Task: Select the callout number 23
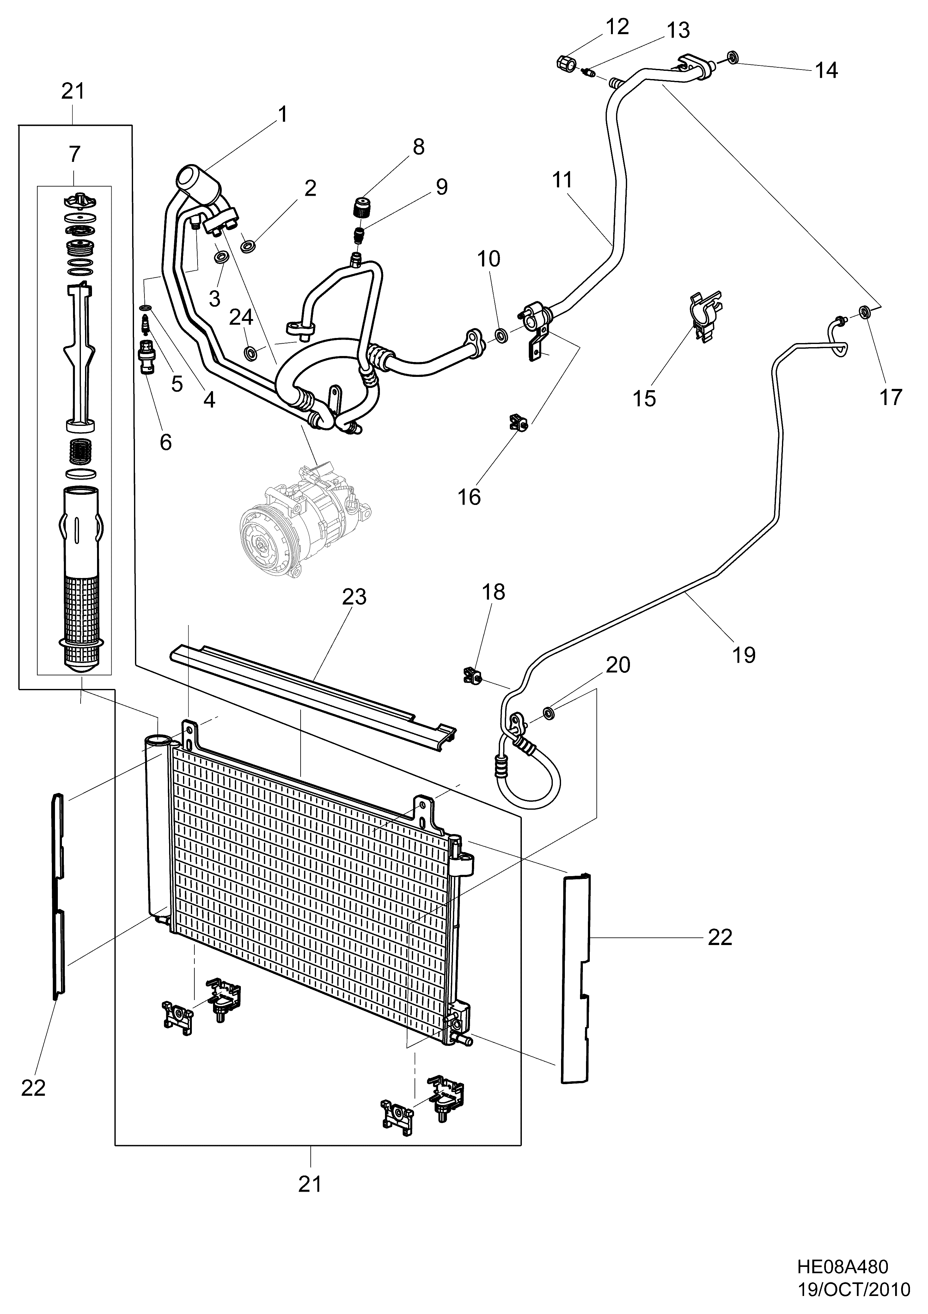(354, 597)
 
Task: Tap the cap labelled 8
(361, 206)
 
